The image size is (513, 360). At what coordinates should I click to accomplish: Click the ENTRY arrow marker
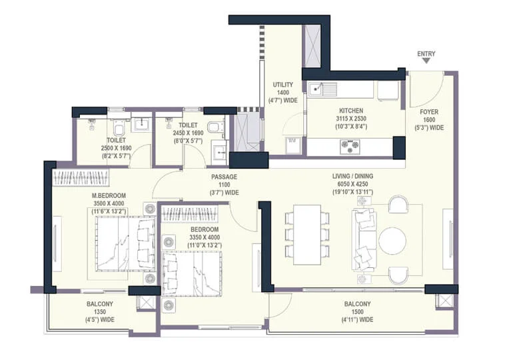(426, 61)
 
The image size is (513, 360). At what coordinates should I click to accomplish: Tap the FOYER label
(429, 112)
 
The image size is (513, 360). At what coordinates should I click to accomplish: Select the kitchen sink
(322, 89)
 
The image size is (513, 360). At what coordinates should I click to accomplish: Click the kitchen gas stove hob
(350, 146)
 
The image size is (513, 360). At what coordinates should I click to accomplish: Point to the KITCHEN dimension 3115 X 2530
(351, 119)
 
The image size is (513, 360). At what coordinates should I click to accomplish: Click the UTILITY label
(283, 85)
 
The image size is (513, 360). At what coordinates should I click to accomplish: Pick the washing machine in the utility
(292, 145)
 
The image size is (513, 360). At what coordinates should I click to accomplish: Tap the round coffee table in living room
(392, 241)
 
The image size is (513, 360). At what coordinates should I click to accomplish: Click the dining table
(307, 235)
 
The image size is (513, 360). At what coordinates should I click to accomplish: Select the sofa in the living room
(364, 241)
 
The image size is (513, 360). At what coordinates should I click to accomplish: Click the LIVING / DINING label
(352, 176)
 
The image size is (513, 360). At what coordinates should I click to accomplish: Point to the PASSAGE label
(224, 177)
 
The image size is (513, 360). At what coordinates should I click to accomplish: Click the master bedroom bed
(125, 244)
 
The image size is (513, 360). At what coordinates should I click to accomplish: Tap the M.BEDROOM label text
(109, 196)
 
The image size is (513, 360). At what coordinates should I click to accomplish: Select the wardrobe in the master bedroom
(81, 178)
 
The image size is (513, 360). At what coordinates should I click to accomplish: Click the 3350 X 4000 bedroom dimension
(205, 237)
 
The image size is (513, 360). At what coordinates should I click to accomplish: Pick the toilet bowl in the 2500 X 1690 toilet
(119, 127)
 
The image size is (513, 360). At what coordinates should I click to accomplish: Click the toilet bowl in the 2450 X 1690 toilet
(215, 127)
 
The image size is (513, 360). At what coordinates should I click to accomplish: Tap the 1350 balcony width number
(100, 312)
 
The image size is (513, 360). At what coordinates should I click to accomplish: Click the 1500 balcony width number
(357, 312)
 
